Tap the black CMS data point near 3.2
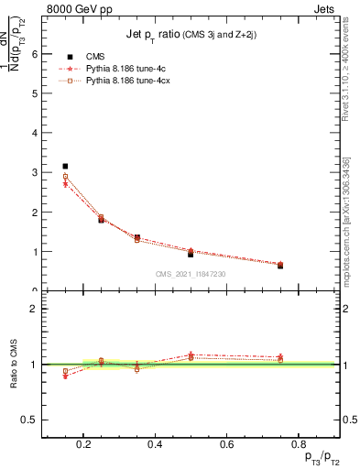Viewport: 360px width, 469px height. (65, 166)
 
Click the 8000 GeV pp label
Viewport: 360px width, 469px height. (74, 8)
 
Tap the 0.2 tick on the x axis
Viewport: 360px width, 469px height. (83, 445)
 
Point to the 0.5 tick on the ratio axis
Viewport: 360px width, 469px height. (28, 420)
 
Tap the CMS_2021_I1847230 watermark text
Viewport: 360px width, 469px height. (191, 273)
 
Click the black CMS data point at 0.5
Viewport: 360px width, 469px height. (191, 254)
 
